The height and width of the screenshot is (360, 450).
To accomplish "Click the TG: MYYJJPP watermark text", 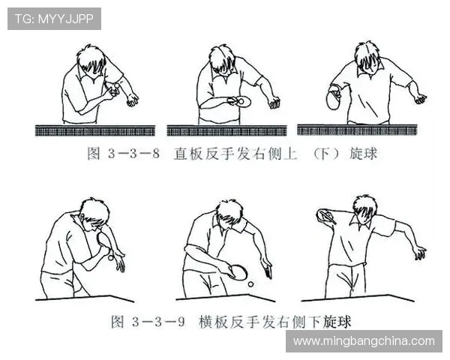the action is coord(54,19).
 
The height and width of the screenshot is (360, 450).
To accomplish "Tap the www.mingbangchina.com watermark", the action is coord(364,341).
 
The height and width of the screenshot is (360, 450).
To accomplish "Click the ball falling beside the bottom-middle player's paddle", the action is coord(250,284).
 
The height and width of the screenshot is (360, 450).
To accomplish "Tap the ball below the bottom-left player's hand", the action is coord(111,258).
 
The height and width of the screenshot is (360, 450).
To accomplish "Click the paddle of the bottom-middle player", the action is coord(238,272).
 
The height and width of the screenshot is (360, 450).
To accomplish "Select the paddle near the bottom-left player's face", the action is coord(104,241).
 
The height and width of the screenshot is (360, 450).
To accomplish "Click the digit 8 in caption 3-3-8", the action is coord(156,154).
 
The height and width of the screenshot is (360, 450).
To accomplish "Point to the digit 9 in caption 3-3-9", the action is coord(181,322).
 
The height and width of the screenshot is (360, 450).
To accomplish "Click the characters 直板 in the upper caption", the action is coord(188,154).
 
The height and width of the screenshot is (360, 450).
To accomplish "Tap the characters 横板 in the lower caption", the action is coord(213,322).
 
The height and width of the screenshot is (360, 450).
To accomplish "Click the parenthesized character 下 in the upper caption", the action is coord(325,154).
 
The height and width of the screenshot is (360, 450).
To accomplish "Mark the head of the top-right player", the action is coord(368,58).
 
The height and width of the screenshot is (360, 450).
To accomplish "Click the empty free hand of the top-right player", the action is coord(421,99).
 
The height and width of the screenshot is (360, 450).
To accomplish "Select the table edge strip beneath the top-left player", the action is coord(95,130).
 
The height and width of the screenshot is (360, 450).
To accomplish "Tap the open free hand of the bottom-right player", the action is coord(421,253).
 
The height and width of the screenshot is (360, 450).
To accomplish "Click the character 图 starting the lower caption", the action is coord(118,322).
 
